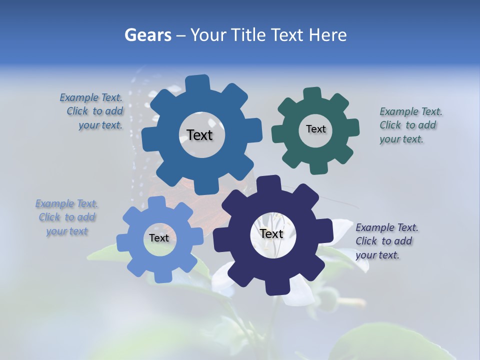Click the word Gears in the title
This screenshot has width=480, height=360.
pos(147,35)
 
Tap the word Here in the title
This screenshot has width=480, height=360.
pos(327,35)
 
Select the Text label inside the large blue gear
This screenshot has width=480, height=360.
pos(199,135)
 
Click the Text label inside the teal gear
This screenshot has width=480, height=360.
pos(315,129)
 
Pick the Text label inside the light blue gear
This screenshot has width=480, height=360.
pos(159,238)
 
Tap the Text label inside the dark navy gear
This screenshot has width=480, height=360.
pos(271,233)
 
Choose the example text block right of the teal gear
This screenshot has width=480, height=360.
pos(410,125)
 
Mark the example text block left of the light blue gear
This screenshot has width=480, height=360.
pos(67,217)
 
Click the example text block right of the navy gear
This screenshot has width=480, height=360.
pos(386,241)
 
